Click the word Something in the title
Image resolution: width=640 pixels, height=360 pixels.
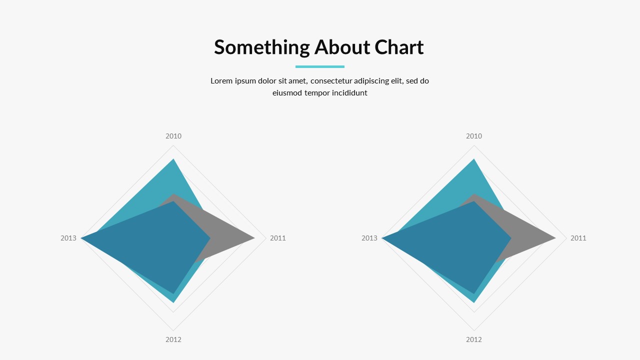(x=262, y=47)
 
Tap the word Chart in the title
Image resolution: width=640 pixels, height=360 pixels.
(x=399, y=47)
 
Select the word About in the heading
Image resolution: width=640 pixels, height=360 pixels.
(x=342, y=47)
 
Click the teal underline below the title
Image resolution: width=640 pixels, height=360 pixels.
(x=320, y=67)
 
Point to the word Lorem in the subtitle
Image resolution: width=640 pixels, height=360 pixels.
(x=221, y=81)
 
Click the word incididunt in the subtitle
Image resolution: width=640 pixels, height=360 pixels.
(x=349, y=93)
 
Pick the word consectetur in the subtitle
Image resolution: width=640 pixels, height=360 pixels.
(x=331, y=81)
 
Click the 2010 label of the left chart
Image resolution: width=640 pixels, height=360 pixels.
(x=173, y=136)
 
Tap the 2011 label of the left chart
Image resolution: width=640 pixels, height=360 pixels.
(x=277, y=238)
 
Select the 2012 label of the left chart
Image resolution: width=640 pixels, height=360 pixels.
(x=173, y=339)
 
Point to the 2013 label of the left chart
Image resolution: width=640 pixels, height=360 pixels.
(x=68, y=238)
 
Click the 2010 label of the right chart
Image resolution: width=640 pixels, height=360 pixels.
(x=474, y=136)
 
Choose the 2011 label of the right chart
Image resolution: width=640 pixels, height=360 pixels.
(x=578, y=238)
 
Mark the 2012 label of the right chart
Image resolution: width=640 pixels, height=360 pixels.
(x=474, y=339)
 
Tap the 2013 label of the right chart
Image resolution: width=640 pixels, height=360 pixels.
(x=369, y=238)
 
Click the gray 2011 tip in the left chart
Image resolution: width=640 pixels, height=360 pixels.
(x=254, y=237)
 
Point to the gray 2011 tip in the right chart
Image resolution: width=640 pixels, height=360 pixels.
(x=555, y=237)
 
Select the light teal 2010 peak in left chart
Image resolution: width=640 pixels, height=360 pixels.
(x=173, y=159)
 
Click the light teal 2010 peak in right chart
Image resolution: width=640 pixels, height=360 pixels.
(x=474, y=159)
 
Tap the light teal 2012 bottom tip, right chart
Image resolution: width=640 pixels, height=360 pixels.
(x=474, y=302)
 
